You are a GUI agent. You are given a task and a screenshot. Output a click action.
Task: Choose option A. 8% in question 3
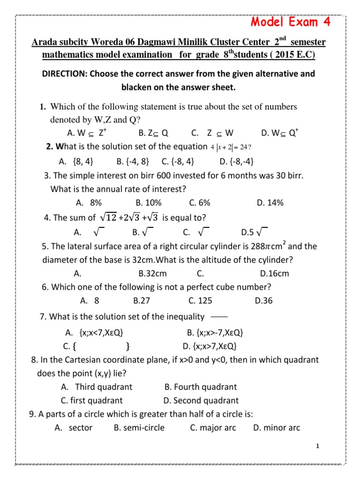click(89, 202)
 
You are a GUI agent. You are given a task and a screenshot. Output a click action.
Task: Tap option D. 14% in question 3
click(270, 202)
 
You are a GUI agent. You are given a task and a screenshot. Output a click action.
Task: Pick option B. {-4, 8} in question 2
click(133, 161)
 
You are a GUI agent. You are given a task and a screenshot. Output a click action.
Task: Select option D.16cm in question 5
click(274, 273)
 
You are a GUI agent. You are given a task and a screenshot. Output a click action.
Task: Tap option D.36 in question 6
click(263, 300)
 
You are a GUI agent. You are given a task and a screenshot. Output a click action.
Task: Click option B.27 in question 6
click(142, 300)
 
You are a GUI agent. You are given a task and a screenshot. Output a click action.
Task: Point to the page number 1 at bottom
click(317, 446)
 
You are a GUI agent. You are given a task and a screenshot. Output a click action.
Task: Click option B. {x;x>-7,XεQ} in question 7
click(215, 333)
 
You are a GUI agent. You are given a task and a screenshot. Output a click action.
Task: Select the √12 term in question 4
click(109, 217)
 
